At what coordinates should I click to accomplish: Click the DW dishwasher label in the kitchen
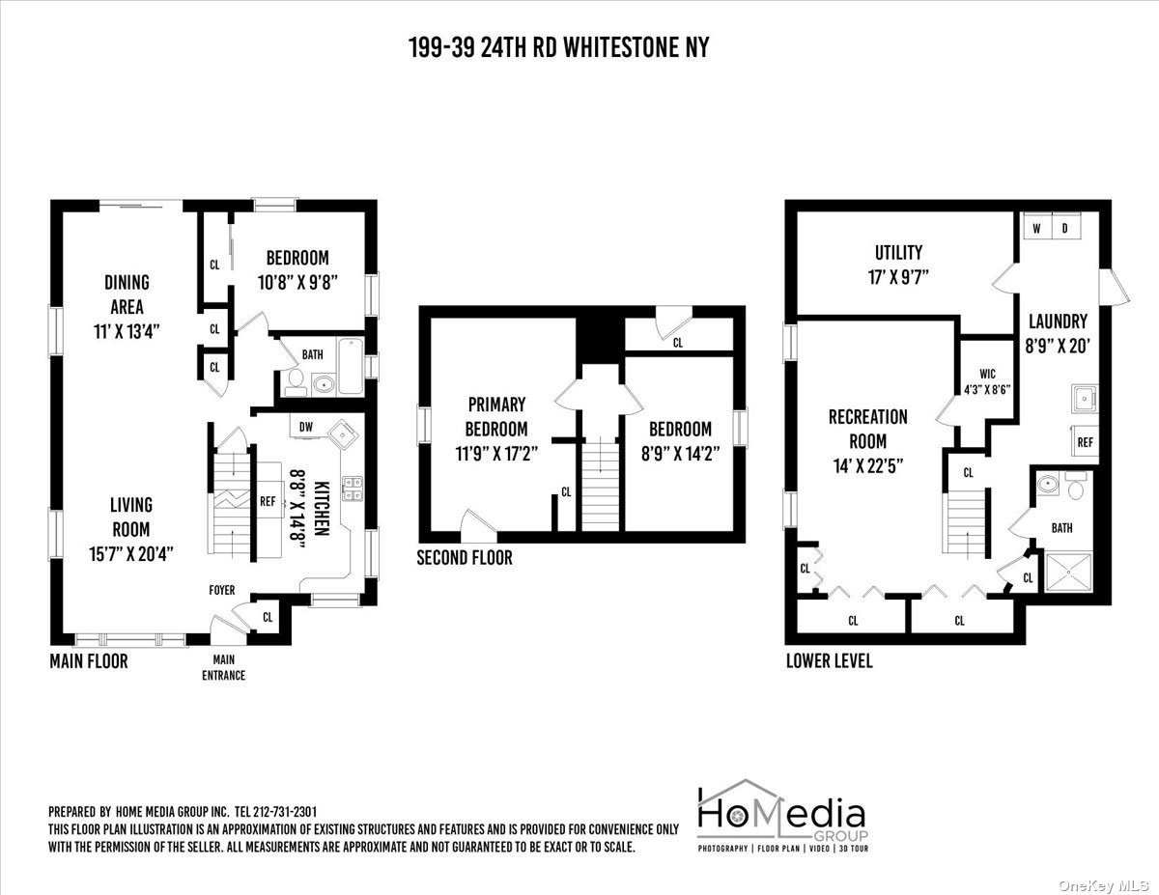tap(305, 427)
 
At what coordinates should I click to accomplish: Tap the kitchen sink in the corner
tap(342, 435)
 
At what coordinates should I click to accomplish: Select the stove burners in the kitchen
tap(352, 489)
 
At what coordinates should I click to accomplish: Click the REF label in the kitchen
tap(268, 502)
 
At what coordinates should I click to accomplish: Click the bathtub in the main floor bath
tap(351, 366)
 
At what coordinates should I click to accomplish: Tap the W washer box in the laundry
tap(1036, 228)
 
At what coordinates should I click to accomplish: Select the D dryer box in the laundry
tap(1065, 228)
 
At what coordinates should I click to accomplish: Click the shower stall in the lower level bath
tap(1069, 573)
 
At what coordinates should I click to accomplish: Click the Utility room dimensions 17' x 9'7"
tap(898, 277)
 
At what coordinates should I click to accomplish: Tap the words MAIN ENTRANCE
tap(223, 667)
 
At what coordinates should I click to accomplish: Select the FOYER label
tap(222, 590)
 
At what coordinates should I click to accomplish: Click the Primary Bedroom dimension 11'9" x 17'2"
tap(496, 454)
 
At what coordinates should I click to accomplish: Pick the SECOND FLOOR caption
tap(465, 558)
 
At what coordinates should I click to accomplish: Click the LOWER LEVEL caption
tap(830, 661)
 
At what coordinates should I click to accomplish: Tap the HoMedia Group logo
tap(782, 816)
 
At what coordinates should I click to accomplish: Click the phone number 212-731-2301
tap(284, 812)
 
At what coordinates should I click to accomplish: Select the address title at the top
tap(559, 47)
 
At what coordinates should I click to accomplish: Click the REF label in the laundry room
tap(1085, 442)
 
